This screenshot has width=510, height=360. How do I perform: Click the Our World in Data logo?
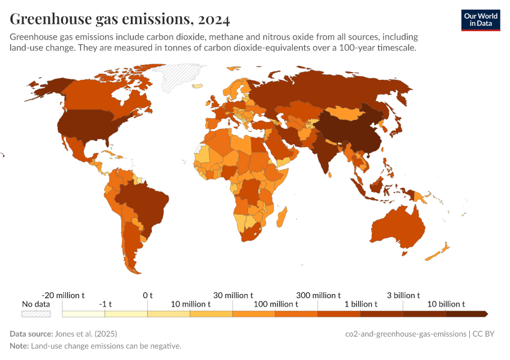coord(480,20)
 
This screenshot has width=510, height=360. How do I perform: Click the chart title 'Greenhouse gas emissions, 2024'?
coord(119,20)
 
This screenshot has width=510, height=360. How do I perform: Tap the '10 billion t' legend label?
coord(446,304)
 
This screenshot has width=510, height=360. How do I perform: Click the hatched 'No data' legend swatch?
coord(36,313)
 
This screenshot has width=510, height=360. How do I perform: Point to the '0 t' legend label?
coord(148,295)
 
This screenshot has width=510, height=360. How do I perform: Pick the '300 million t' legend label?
coord(318,295)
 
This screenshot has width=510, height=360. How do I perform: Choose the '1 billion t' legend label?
coord(360,304)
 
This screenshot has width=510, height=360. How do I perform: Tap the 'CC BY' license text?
coord(487,334)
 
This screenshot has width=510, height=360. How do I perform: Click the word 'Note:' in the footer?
coord(19,346)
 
